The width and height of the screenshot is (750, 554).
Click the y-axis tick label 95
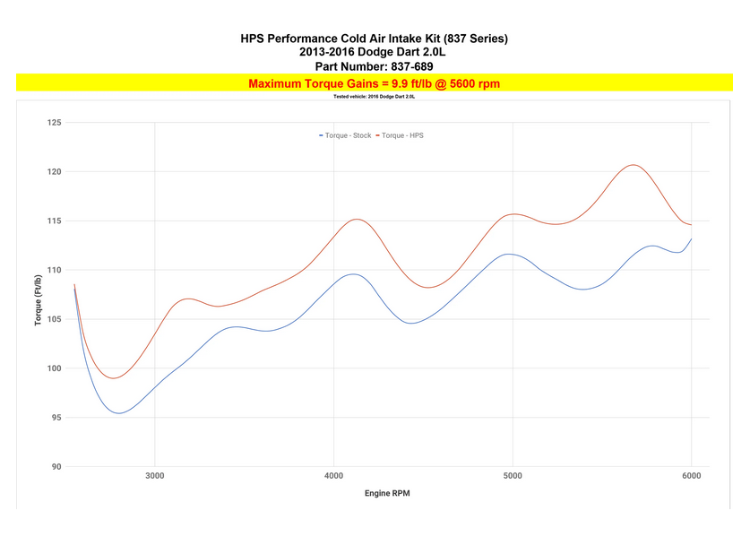pyautogui.click(x=56, y=418)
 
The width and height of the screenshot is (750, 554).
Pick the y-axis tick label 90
pyautogui.click(x=56, y=467)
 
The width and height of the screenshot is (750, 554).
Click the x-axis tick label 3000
pyautogui.click(x=154, y=476)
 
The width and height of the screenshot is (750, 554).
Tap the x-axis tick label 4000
pyautogui.click(x=333, y=476)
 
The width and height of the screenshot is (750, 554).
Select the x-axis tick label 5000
pyautogui.click(x=513, y=476)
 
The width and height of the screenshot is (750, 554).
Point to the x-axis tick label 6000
pyautogui.click(x=691, y=476)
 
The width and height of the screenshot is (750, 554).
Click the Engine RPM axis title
pyautogui.click(x=387, y=494)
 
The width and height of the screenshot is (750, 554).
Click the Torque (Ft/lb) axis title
pyautogui.click(x=39, y=294)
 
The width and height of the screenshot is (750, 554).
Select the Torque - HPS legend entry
pyautogui.click(x=402, y=135)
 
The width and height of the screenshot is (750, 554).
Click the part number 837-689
pyautogui.click(x=374, y=66)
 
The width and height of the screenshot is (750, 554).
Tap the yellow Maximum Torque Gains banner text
pyautogui.click(x=374, y=83)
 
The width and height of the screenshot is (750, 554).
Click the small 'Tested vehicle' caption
pyautogui.click(x=374, y=96)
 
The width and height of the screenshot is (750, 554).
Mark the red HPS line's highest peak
pyautogui.click(x=634, y=165)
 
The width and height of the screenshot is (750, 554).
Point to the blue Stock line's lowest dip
pyautogui.click(x=118, y=413)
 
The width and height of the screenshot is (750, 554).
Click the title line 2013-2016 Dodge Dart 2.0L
pyautogui.click(x=374, y=52)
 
